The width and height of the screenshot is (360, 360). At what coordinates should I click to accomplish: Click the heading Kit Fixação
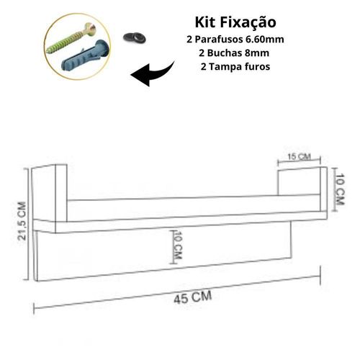235,22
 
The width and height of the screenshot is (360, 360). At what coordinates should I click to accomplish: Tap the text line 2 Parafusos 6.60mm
235,40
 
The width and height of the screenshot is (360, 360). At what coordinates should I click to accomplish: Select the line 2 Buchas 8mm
234,53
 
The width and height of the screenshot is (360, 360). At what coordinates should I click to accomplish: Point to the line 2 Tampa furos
235,66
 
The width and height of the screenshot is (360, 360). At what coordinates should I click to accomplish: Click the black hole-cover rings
135,37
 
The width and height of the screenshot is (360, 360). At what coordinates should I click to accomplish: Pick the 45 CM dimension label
193,298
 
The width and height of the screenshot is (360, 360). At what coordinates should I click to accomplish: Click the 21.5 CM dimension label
22,221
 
